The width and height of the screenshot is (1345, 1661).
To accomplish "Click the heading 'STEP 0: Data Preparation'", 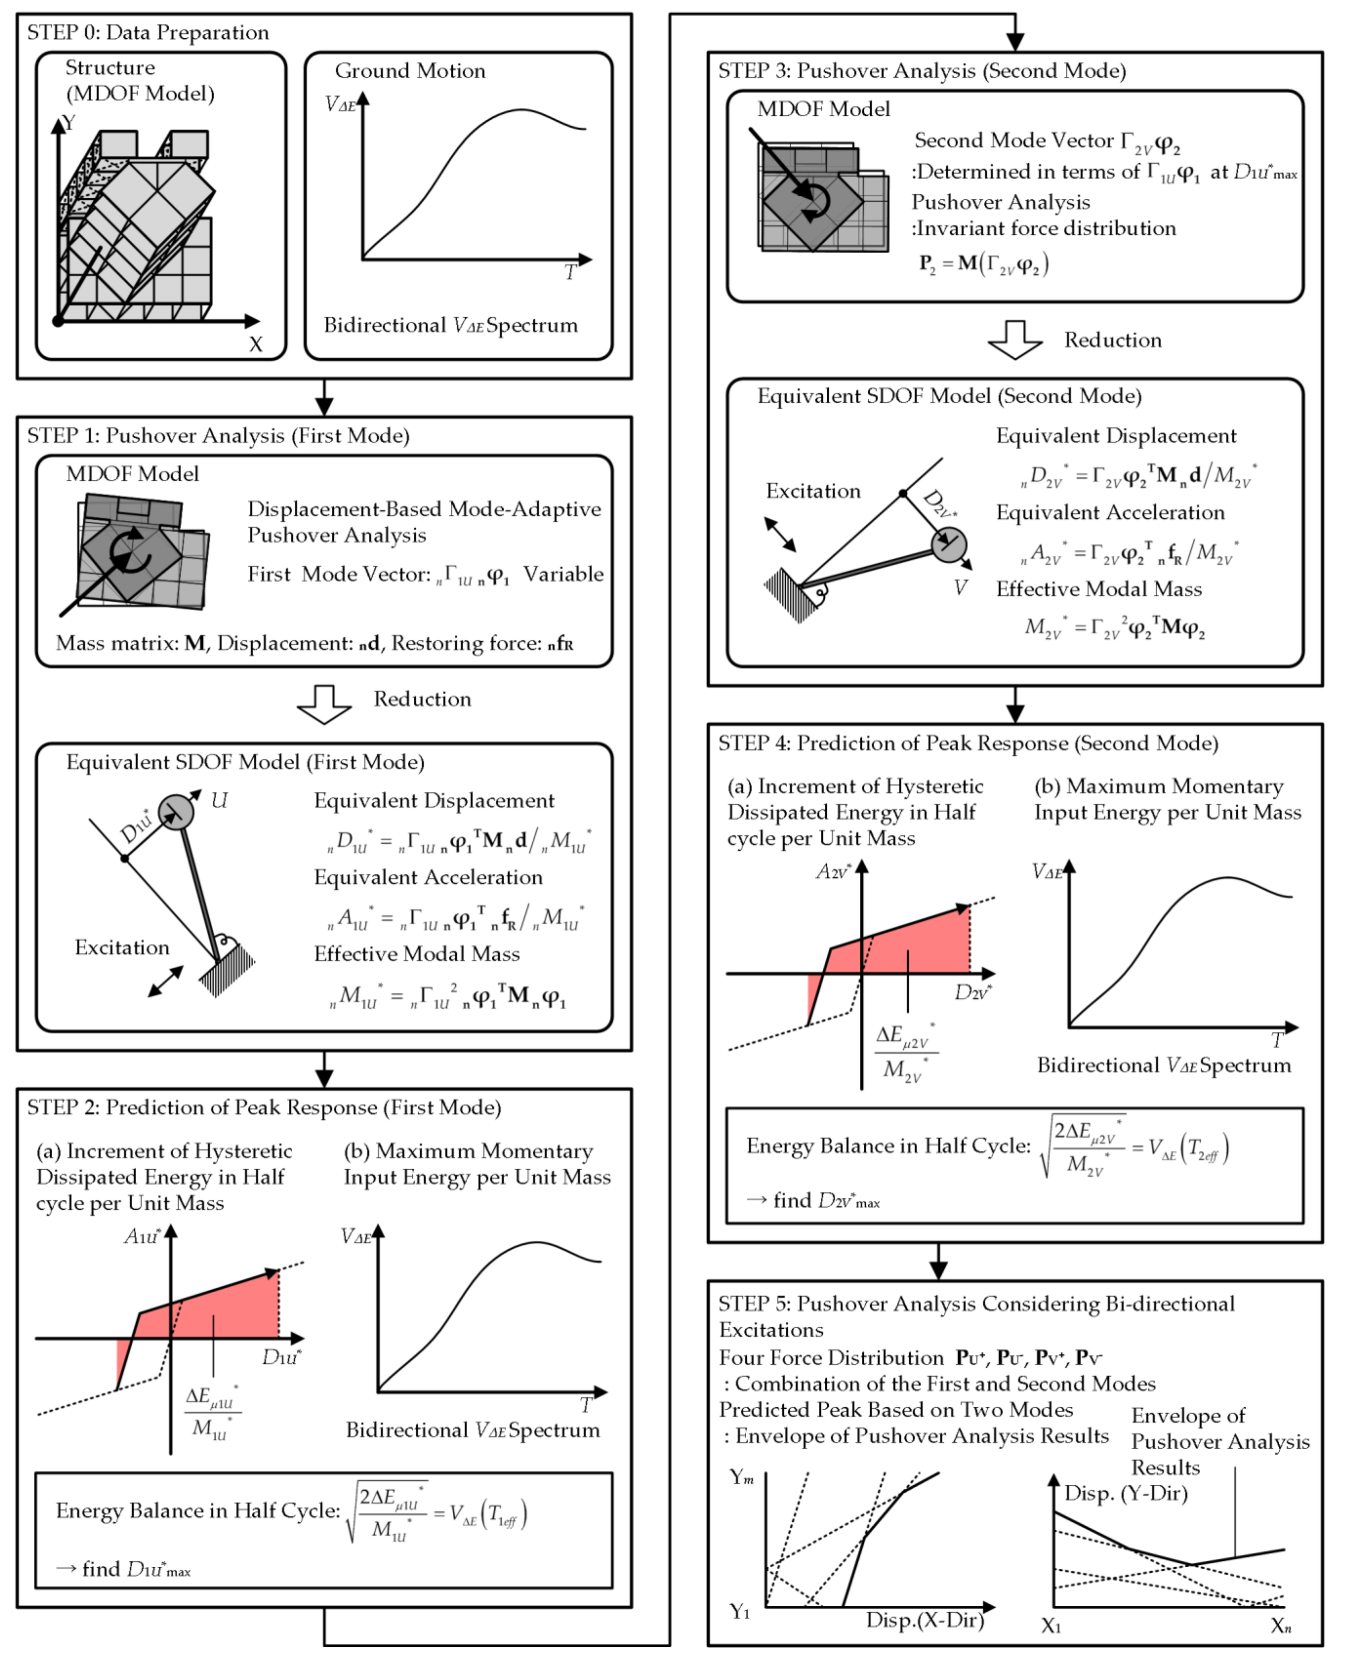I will [x=148, y=33].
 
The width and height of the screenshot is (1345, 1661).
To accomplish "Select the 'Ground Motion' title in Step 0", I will [x=410, y=71].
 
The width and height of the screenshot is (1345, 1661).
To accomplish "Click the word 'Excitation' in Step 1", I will [x=122, y=948].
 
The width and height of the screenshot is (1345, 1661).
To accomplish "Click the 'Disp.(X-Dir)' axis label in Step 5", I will [x=924, y=1620].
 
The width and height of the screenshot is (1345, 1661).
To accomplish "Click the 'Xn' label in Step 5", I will [x=1281, y=1625].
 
